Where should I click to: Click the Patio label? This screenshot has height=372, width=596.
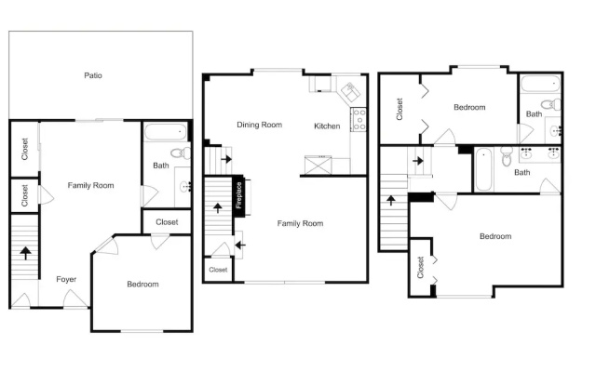point(93,75)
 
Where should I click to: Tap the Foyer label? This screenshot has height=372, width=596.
point(66,279)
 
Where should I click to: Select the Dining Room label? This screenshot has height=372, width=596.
point(259,125)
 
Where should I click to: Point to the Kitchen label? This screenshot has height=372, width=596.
point(327,126)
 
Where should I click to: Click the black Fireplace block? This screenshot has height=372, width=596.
point(238,196)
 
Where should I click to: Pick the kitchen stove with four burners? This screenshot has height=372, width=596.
point(359,120)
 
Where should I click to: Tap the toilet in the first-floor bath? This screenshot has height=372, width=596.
point(181,153)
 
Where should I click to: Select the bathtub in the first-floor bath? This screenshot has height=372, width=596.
point(166,132)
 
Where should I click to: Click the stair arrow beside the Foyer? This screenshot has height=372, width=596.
point(25,253)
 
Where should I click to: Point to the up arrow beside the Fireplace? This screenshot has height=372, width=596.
point(218,207)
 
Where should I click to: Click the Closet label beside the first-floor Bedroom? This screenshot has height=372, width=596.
point(167,222)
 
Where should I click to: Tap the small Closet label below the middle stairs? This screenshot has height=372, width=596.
point(218,270)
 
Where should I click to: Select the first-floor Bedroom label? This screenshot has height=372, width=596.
point(142,285)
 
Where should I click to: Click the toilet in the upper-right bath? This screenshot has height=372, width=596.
point(551,103)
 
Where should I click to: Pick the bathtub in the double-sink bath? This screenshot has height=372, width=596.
point(483,169)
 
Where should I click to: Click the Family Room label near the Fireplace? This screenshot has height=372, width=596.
point(300,223)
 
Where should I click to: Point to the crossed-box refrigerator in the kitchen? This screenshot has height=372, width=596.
point(318,166)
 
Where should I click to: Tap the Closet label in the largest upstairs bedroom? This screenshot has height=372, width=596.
point(420,268)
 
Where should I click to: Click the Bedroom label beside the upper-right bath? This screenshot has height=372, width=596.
point(469,108)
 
